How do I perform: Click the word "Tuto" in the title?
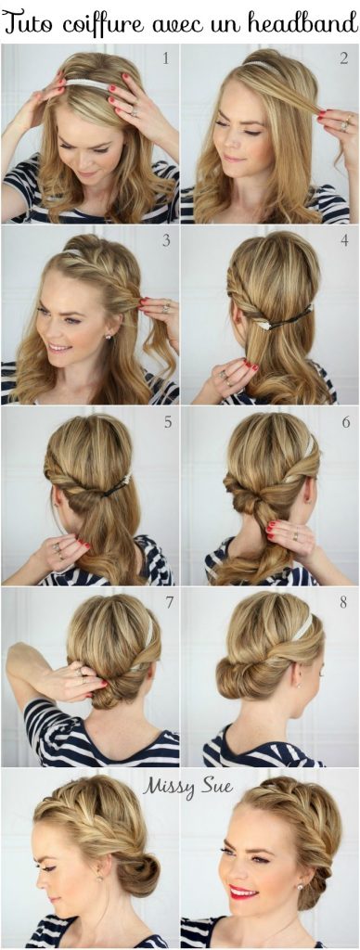[29, 23]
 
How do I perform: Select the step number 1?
[165, 58]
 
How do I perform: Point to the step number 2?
[343, 58]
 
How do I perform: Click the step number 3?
[165, 240]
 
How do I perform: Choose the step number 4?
[344, 240]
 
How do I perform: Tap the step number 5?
[167, 422]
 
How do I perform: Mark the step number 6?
[345, 422]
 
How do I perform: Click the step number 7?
[168, 602]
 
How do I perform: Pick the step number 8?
[342, 602]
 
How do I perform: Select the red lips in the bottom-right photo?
[244, 893]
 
